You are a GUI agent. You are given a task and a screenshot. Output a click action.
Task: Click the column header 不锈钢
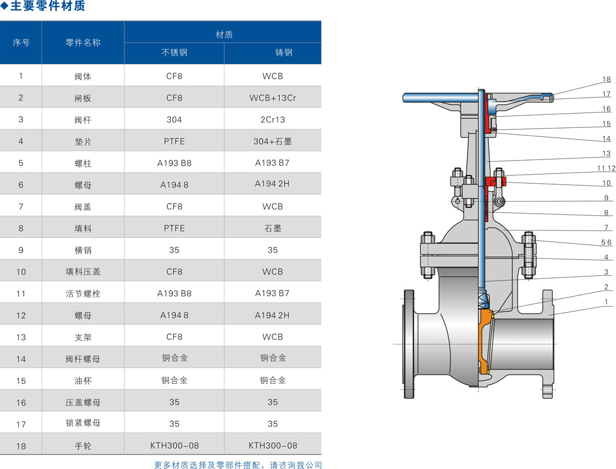tap(174, 53)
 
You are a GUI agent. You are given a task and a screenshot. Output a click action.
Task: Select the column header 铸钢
tap(284, 53)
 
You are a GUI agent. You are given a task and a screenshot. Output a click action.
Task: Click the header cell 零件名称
tap(83, 43)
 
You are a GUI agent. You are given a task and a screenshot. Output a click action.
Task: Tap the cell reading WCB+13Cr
tap(273, 98)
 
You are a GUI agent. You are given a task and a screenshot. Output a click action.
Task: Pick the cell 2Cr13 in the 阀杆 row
tap(273, 120)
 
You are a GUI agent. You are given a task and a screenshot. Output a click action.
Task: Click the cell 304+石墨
tap(273, 142)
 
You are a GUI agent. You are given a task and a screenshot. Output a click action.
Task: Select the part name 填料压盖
tap(83, 272)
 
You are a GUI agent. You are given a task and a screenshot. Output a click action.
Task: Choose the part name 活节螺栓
tap(83, 294)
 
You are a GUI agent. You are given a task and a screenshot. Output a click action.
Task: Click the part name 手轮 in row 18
tap(83, 446)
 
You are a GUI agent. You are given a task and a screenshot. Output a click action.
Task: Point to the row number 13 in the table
tap(21, 337)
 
